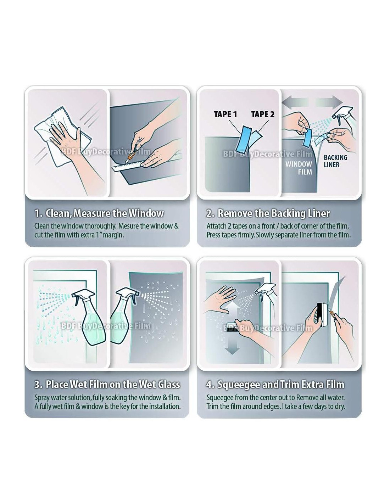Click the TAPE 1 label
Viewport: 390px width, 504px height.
point(225,114)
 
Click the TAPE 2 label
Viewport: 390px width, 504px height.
point(263,114)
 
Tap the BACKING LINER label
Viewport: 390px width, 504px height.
point(335,161)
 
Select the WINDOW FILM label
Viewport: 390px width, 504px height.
point(299,168)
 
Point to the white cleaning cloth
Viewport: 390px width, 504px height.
point(63,135)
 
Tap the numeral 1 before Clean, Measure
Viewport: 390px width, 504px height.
point(37,213)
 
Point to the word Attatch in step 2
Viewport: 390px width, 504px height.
point(215,226)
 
